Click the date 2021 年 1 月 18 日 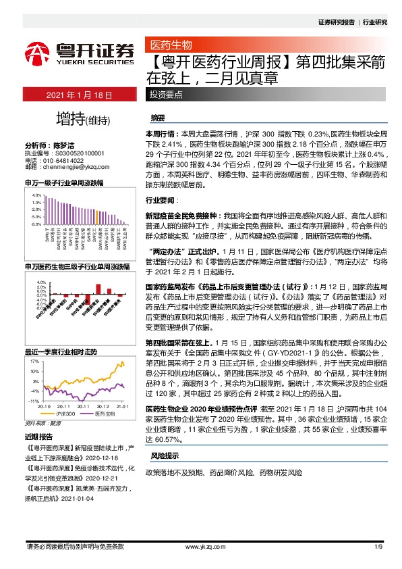(78, 95)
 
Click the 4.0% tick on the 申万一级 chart (36, 194)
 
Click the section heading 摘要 (158, 117)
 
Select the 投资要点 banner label (165, 95)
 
